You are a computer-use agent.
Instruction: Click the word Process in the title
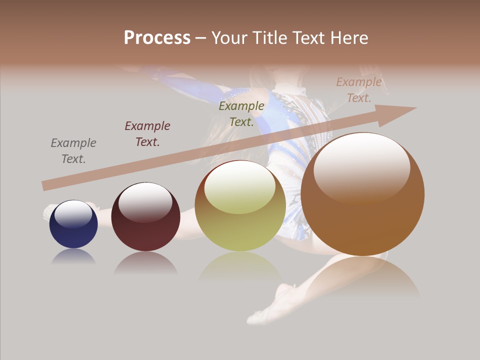coord(157,38)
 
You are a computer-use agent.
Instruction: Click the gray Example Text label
coord(73,151)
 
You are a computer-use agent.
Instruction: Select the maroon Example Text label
coord(147,134)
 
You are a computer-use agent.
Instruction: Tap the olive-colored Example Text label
coord(241,114)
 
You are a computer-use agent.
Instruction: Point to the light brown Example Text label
coord(359,90)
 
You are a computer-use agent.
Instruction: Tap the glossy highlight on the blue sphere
coord(73,214)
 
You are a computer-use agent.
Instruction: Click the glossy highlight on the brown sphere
coord(362,167)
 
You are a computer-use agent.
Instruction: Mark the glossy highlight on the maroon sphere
coord(145,201)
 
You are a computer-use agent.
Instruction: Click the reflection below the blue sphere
coord(73,257)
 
